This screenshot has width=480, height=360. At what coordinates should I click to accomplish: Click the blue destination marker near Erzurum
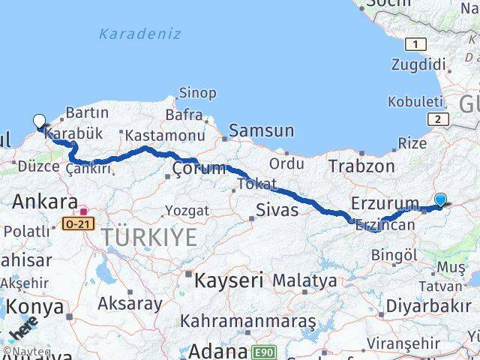coord(440,199)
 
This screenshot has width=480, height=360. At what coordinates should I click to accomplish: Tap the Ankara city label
coord(46,202)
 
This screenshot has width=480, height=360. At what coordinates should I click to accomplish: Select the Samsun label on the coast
coord(261,130)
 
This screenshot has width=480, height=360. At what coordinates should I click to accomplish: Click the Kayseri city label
coord(229,281)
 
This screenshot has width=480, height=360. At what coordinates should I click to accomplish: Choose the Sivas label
coord(277,210)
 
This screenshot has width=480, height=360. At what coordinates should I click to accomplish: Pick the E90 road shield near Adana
coord(262,351)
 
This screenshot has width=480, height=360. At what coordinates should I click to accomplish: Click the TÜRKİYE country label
coord(150,238)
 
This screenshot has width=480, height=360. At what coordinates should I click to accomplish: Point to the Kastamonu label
coord(165,135)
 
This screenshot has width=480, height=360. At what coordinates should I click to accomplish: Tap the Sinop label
coord(197,93)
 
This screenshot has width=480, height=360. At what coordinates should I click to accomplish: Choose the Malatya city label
coord(304,280)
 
